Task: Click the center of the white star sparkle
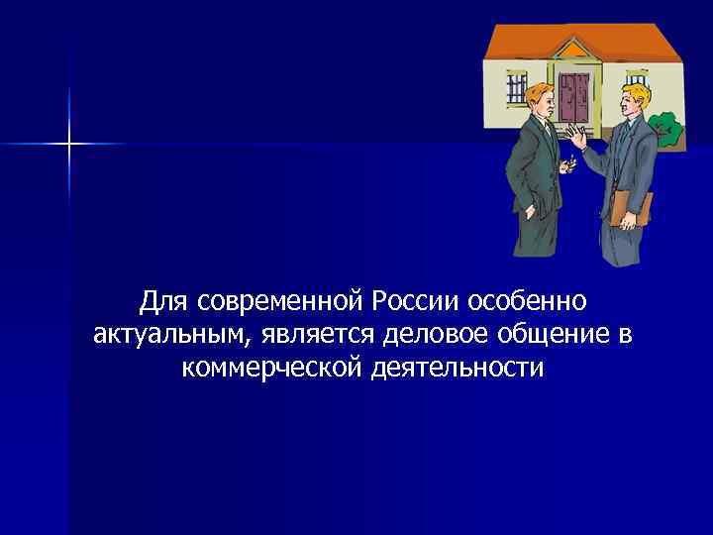point(69,145)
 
